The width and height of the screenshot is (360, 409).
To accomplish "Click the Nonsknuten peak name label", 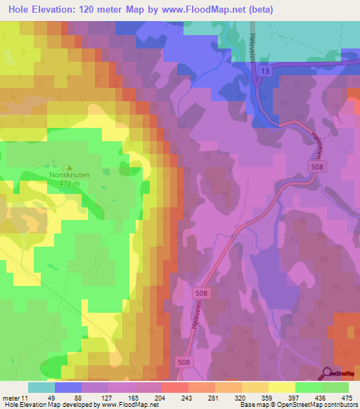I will pos(69,175).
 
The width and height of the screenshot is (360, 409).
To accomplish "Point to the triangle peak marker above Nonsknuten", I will pos(69,166).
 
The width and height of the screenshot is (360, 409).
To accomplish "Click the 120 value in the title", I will pos(95,10).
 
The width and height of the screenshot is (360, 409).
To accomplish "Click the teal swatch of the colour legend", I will pos(41,387).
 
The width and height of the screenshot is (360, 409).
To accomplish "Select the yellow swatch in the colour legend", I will pos(281,387).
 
